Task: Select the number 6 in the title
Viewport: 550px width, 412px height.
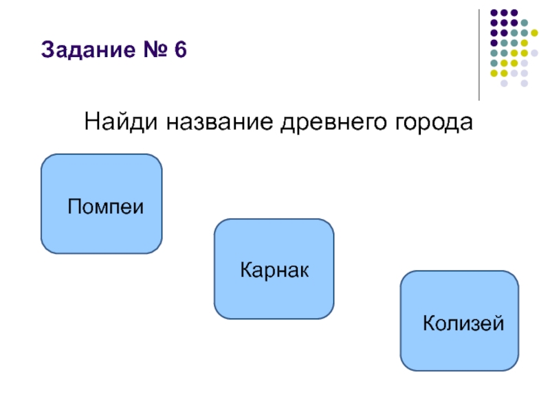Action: (181, 51)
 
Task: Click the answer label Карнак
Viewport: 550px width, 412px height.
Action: (275, 269)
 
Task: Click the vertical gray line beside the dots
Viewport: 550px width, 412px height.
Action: (479, 55)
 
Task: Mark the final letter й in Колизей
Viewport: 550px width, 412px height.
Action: (499, 321)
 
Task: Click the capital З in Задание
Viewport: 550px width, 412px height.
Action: (47, 51)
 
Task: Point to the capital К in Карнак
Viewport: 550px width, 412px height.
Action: (245, 269)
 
